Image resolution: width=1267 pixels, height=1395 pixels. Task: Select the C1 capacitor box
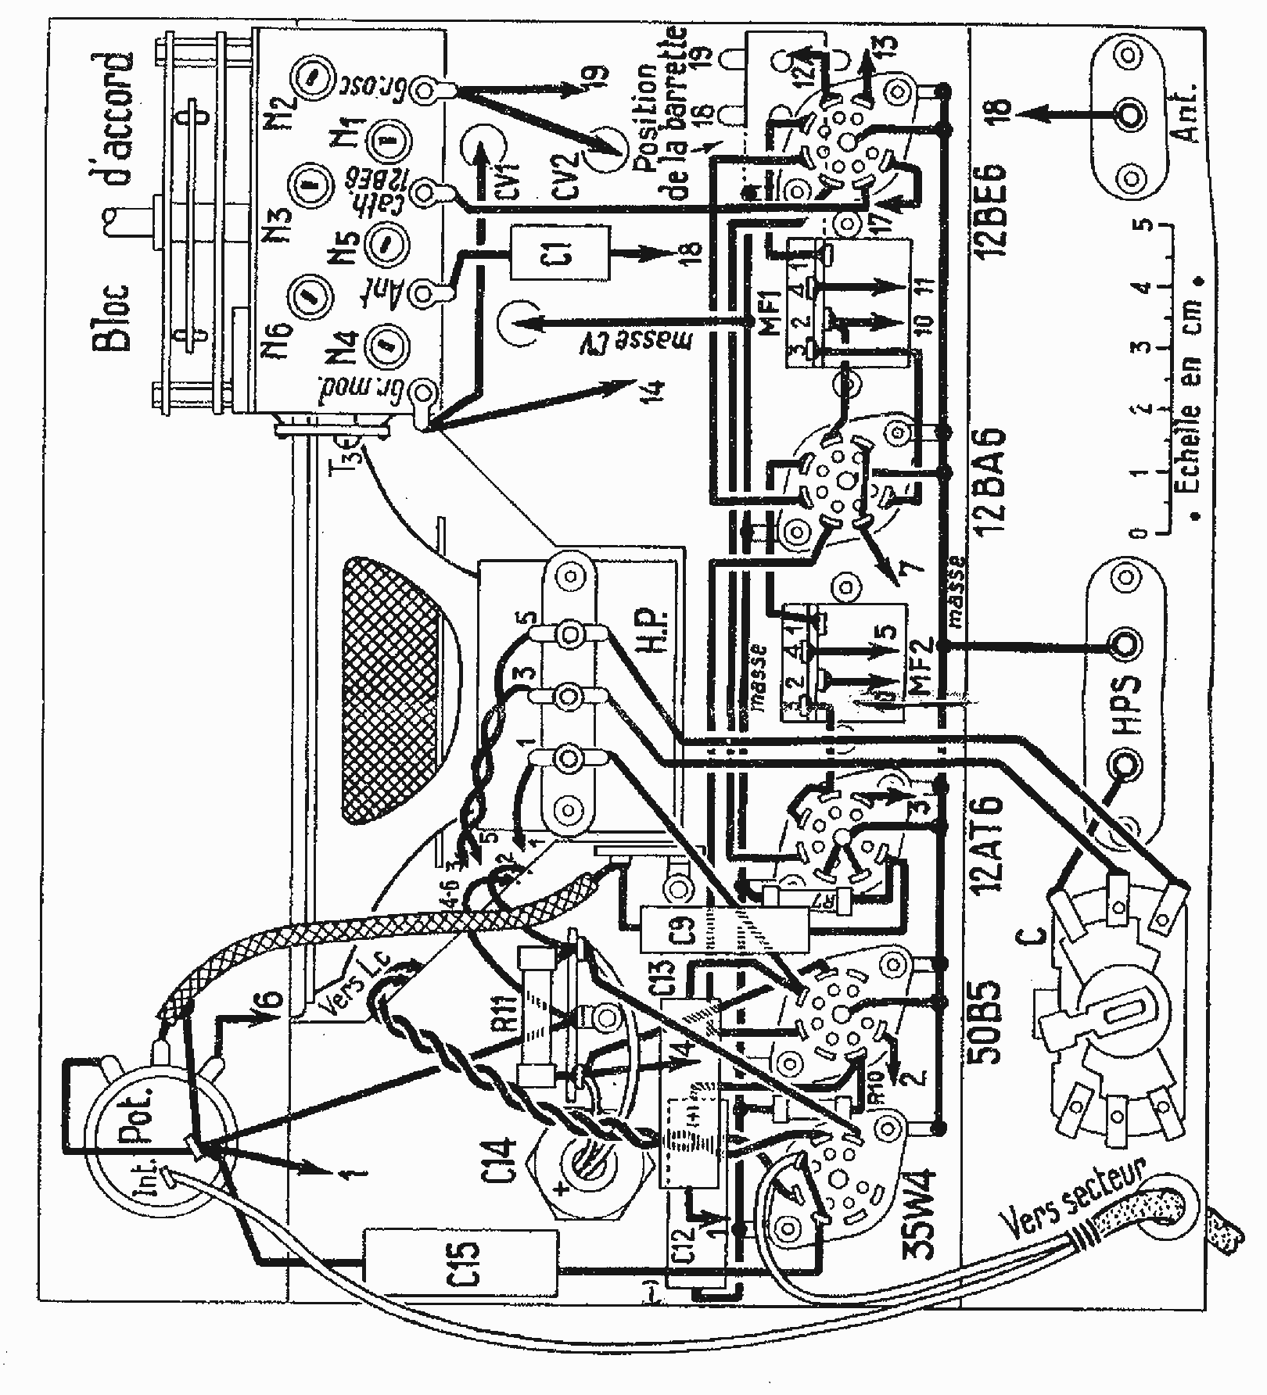click(x=562, y=253)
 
